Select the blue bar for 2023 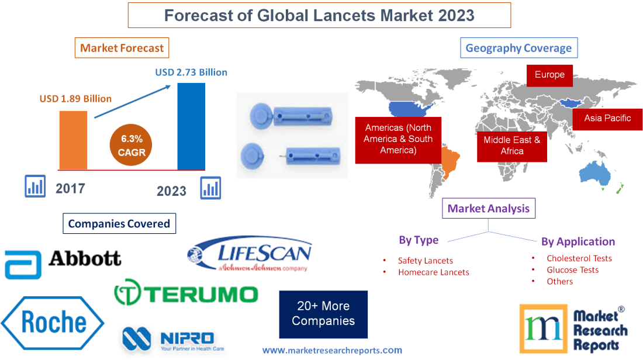coord(191,126)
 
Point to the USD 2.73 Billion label coord(191,72)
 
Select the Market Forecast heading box coord(122,48)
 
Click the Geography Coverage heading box coord(518,48)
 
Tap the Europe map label coord(549,75)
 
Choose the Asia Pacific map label coord(607,118)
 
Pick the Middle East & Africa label coord(512,146)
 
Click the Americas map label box coord(398,139)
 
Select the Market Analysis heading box coord(488,208)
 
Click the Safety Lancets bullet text coord(425,261)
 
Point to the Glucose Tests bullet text coord(572,270)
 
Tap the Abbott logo coord(63,262)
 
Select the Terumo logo coord(185,293)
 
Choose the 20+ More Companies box coord(323,314)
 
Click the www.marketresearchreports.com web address coord(332,351)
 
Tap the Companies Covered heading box coord(119,223)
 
